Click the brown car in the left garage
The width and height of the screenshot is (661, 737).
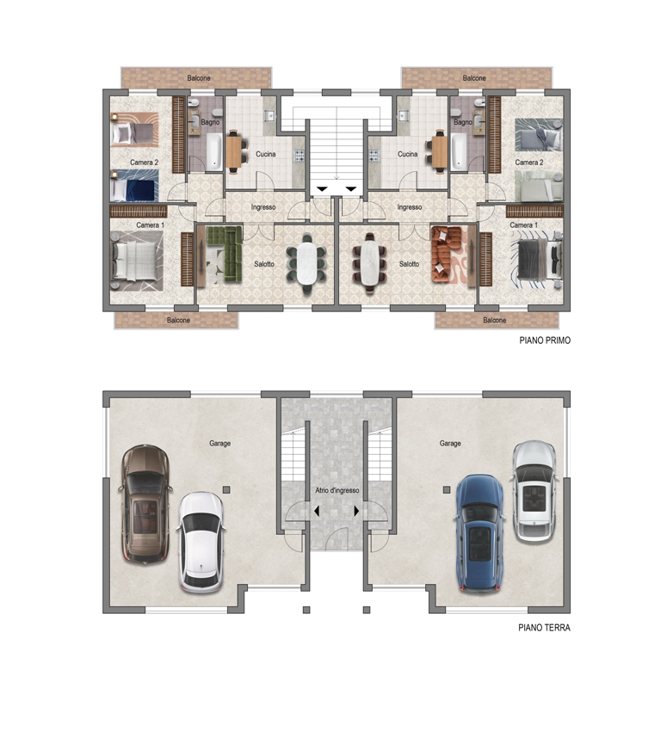point(145,503)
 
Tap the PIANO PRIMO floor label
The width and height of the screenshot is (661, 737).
point(544,341)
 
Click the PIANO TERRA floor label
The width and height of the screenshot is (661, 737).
point(544,628)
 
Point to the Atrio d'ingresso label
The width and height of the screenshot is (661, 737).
point(337,490)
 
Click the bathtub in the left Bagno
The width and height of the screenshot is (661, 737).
point(214,151)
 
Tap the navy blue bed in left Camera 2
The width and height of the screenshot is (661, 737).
point(134,186)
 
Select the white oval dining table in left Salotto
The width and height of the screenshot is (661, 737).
point(307,263)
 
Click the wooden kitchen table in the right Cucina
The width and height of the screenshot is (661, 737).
point(440,150)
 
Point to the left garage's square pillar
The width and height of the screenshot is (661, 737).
point(226,490)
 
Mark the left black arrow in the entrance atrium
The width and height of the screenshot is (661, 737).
point(318,511)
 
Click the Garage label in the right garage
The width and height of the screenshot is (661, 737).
point(450,443)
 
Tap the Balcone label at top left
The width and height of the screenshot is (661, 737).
point(199,78)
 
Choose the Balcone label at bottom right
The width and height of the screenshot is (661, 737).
point(494,320)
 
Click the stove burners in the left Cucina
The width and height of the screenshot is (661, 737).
point(299,155)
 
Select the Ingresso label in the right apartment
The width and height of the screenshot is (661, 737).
point(410,207)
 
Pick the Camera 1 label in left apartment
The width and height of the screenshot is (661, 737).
point(150,225)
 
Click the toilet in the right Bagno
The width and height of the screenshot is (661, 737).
point(455,113)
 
